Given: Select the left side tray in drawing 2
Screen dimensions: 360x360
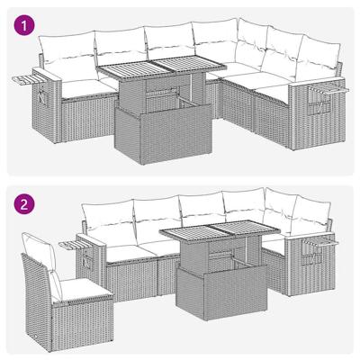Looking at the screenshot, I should pos(76,243).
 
